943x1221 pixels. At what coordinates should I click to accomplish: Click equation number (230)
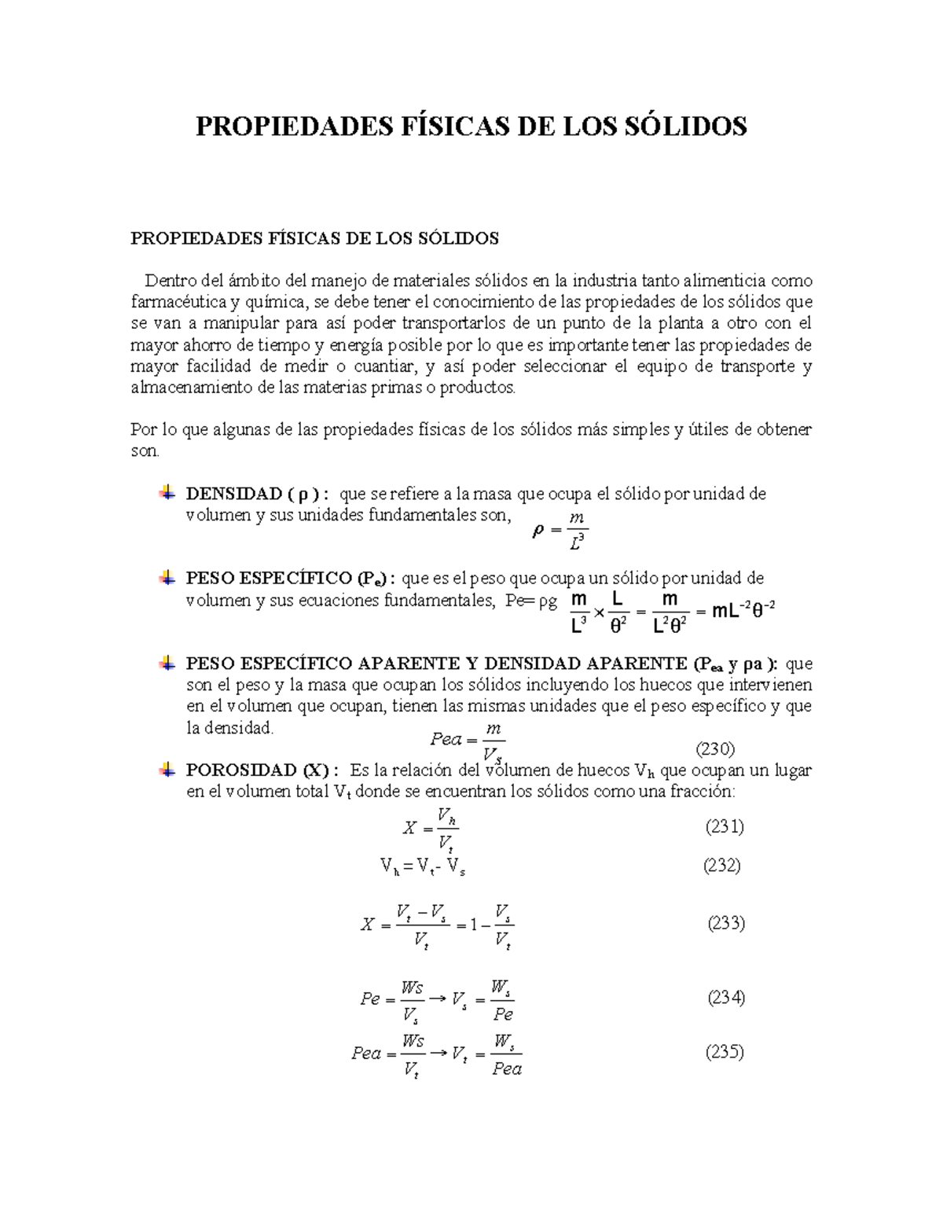click(x=716, y=748)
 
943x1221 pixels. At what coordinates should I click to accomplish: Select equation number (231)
click(x=725, y=826)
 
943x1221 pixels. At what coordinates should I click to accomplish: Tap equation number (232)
click(x=722, y=866)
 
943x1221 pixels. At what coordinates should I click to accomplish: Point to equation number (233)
click(x=726, y=922)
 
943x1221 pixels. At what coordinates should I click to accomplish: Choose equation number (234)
click(x=726, y=998)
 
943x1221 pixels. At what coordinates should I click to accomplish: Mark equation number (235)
click(x=725, y=1052)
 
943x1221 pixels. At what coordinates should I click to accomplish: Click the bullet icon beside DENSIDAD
click(x=167, y=493)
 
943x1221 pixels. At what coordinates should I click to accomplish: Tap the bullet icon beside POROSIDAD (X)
click(x=167, y=770)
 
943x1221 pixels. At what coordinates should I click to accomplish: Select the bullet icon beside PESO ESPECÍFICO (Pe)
click(x=167, y=578)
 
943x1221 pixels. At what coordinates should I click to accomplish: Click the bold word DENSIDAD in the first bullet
click(x=233, y=494)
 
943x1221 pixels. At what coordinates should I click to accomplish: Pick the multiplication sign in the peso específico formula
click(x=599, y=612)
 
